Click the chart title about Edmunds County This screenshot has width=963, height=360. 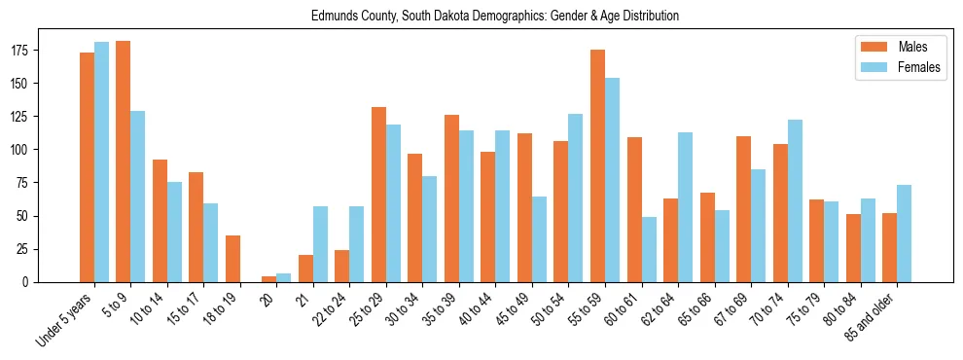[495, 17]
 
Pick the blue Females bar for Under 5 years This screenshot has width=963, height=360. [101, 162]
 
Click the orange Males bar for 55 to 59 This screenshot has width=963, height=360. [597, 165]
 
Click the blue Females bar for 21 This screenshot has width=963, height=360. [320, 244]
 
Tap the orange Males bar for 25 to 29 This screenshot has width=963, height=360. [378, 195]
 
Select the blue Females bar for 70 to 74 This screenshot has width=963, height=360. [795, 200]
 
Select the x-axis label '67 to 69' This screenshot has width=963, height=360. [734, 308]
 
